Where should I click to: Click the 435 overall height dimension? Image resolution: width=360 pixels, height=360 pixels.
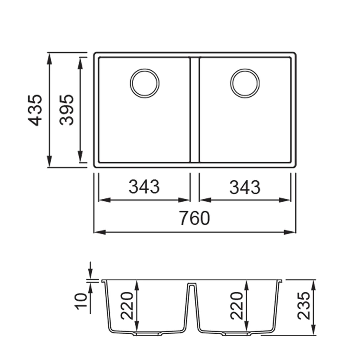coord(35,110)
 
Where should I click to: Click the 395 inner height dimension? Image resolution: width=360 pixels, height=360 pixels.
coord(67,110)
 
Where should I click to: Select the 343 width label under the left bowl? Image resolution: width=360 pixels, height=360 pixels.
coord(144,186)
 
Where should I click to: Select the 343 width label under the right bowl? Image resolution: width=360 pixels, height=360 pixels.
coord(245,187)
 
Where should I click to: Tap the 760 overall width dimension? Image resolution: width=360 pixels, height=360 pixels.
coord(194,218)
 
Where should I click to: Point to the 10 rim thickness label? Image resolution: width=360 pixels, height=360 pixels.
coord(82,301)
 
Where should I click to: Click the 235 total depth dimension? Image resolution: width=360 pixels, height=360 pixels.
coord(304,306)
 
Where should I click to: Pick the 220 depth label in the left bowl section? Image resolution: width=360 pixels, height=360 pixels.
coord(127,306)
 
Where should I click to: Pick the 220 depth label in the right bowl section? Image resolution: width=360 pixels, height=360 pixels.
coord(236,306)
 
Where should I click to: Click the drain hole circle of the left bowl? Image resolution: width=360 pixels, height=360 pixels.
coord(145,69)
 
